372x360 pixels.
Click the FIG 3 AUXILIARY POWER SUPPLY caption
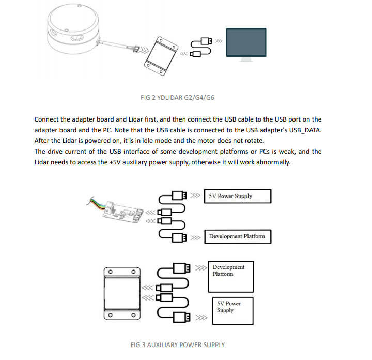[x=178, y=344]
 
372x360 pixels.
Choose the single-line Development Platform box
[x=237, y=236]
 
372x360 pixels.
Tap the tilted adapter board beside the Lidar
[x=161, y=52]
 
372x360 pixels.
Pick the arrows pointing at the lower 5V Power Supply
[x=202, y=318]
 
